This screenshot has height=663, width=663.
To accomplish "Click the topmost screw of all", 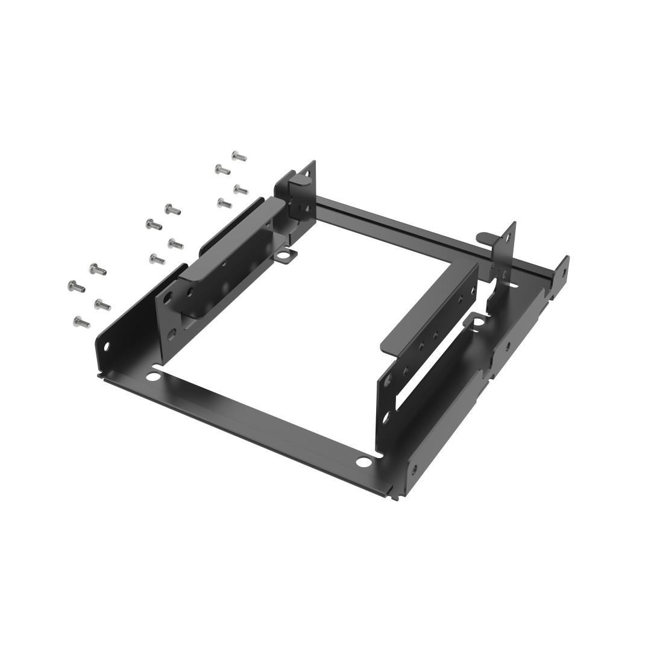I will pos(239,157).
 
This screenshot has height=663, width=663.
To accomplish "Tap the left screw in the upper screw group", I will pos(222,169).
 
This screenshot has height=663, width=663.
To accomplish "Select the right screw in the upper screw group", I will pos(241,190).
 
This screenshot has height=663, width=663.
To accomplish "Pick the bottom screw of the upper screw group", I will pos(224,203).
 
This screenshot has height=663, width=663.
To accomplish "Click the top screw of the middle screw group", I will pos(172,210).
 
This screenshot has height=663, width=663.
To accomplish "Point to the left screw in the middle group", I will pos(153,225).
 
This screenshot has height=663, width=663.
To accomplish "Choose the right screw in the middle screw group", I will pos(175,244).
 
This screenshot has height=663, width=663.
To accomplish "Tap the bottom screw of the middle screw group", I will pos(157,259).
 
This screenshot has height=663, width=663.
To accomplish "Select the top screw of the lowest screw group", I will pos(98,269).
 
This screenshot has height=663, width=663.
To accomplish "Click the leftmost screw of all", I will pos(77,286).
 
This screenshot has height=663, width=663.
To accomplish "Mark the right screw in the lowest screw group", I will pos(102,304).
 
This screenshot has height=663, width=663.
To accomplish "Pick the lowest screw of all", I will pos(81,322).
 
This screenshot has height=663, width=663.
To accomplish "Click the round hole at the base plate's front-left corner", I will pos(153,377).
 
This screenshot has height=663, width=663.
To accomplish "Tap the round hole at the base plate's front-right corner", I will pos(363,463).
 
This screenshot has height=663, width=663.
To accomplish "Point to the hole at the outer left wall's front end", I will pos(107,347).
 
